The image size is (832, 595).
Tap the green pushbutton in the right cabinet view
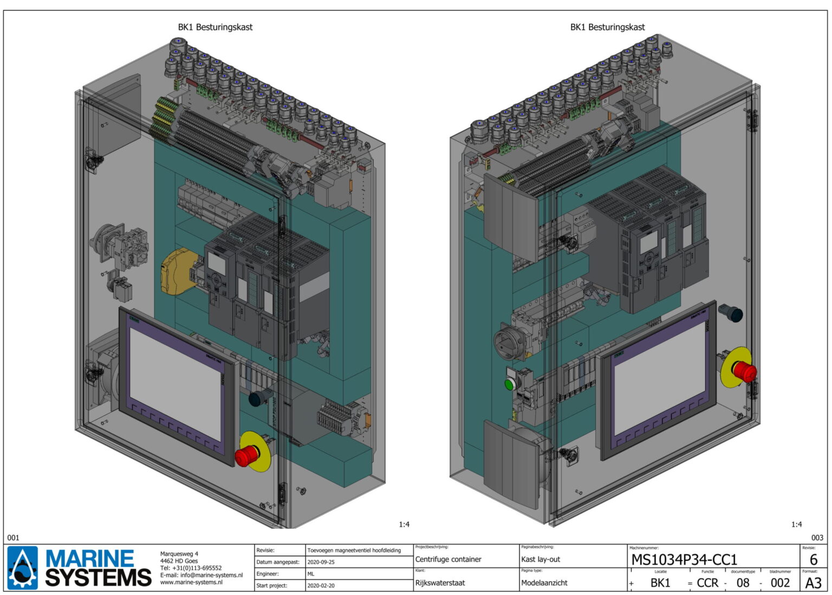(x=509, y=384)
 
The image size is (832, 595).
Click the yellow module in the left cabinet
(x=175, y=273)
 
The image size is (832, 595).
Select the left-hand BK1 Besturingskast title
(x=215, y=27)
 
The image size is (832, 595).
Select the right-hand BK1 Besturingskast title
(x=607, y=27)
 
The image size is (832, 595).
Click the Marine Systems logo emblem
(x=23, y=567)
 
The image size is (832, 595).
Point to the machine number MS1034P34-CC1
(x=684, y=559)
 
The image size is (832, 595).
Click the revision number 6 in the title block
(x=813, y=560)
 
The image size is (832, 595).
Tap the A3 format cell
(x=813, y=583)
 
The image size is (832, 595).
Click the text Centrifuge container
(x=448, y=559)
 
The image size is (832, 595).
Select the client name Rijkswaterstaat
(x=440, y=583)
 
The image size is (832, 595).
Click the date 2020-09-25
(x=321, y=562)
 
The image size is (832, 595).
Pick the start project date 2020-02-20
(x=321, y=585)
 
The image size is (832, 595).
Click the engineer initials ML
(x=311, y=574)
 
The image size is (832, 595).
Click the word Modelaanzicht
(x=544, y=583)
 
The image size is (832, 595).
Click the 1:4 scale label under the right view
(x=796, y=524)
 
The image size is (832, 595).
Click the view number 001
(x=13, y=538)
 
